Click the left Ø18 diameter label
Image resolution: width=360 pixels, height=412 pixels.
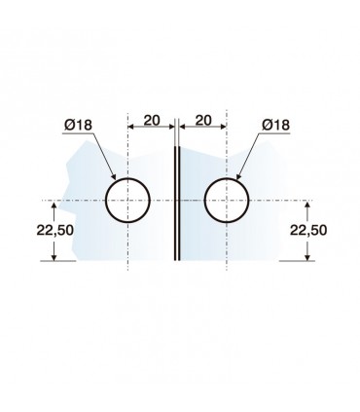tap(78, 125)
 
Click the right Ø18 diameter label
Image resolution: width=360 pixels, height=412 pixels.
tap(275, 125)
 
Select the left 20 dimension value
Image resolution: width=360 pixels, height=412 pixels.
tap(152, 121)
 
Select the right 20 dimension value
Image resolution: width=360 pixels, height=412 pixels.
tap(203, 121)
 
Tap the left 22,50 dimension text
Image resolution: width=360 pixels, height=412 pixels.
tap(55, 230)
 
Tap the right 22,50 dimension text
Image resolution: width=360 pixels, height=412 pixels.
tap(308, 230)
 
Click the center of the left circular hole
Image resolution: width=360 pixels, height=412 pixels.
tap(128, 201)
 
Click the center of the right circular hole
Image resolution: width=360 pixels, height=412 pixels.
tap(227, 201)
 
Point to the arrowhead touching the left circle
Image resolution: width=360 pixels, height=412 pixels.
tap(114, 176)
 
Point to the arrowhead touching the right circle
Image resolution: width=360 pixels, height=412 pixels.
tap(238, 176)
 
